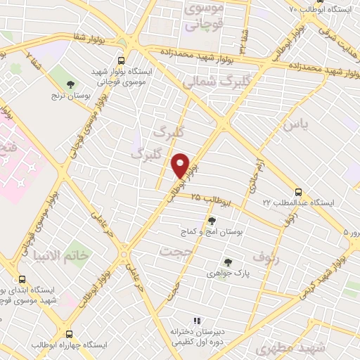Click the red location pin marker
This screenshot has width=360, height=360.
point(181,165)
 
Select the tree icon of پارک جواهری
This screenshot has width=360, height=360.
point(228,263)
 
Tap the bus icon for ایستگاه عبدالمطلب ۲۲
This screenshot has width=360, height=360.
point(298,191)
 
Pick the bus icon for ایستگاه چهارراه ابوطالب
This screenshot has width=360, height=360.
point(69,334)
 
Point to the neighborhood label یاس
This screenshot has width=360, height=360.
point(295,126)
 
